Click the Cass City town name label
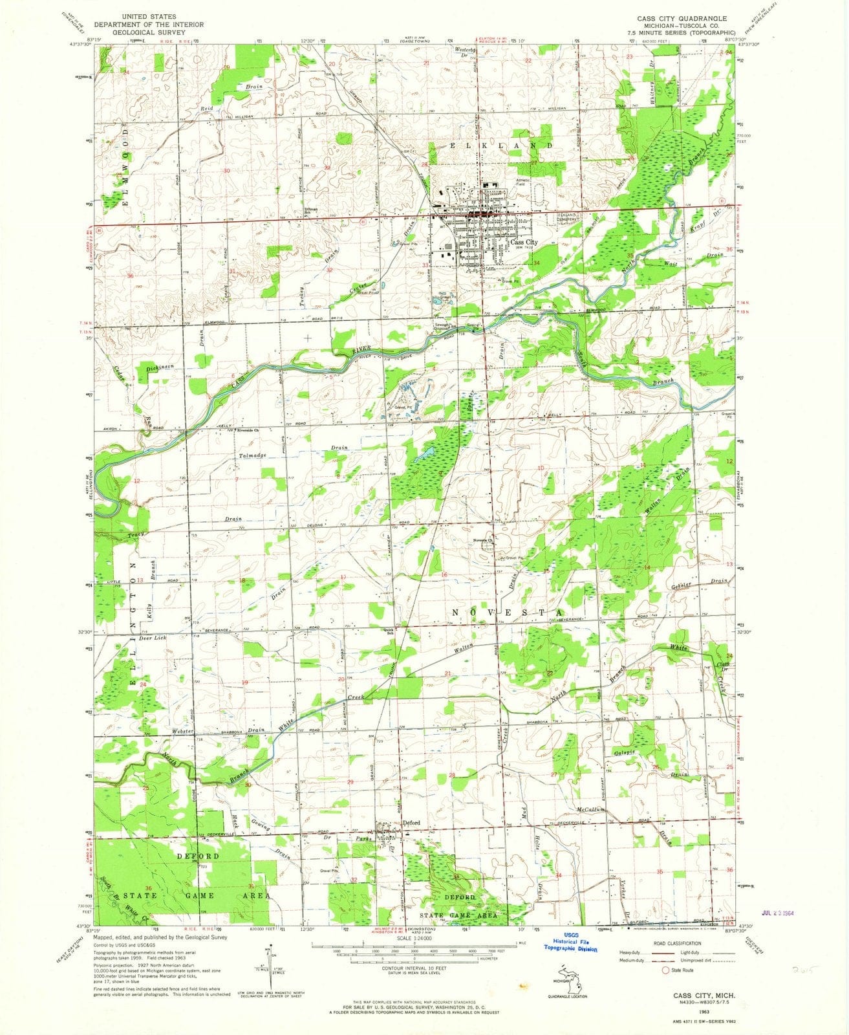[524, 243]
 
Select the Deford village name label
[412, 823]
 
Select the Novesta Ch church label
[484, 540]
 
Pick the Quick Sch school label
[389, 632]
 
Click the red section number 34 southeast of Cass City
[536, 263]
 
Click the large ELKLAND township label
[502, 146]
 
